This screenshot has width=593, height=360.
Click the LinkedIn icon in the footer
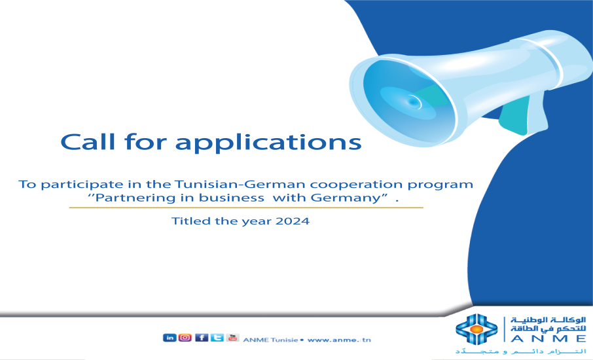pos(169,338)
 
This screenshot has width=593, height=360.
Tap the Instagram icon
pos(185,338)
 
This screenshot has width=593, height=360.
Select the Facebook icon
pos(202,338)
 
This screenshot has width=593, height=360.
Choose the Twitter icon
pos(217,338)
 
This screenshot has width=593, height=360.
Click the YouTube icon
pos(232,338)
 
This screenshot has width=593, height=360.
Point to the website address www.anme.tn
pos(338,340)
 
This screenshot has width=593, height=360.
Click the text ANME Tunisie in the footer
pos(270,340)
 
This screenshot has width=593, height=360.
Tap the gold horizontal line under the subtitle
pos(246,207)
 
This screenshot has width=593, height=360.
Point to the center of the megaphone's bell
pos(413,101)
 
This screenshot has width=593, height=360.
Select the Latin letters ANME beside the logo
pos(547,338)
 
